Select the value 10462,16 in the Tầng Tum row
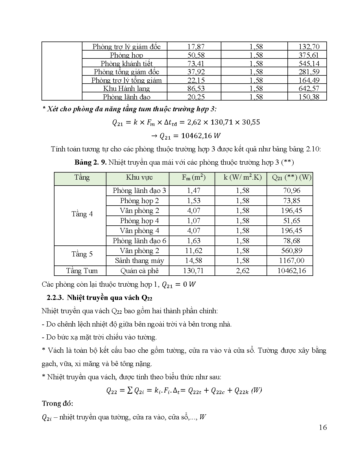[x=291, y=271]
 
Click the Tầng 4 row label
[x=82, y=214]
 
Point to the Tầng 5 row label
[x=82, y=254]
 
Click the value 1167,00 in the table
[x=291, y=260]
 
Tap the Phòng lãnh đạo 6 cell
[x=139, y=241]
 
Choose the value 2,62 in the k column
[x=243, y=271]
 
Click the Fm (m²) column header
[x=193, y=177]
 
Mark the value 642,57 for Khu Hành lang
[x=309, y=89]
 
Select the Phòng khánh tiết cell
[x=126, y=64]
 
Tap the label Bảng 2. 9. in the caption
[x=90, y=162]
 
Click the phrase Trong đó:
[x=57, y=404]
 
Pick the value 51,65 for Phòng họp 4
[x=291, y=221]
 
